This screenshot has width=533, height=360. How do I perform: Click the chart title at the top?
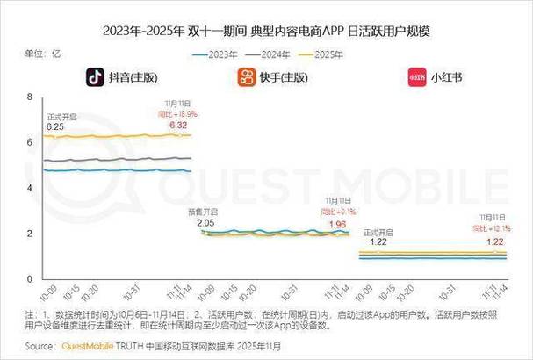pyautogui.click(x=266, y=32)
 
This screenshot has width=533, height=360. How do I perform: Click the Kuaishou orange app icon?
pyautogui.click(x=247, y=77)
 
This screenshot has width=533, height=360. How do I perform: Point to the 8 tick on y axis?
pyautogui.click(x=30, y=96)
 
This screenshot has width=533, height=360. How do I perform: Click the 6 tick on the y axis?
pyautogui.click(x=30, y=142)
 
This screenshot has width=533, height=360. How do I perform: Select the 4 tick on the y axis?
pyautogui.click(x=30, y=188)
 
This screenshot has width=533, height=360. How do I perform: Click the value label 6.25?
pyautogui.click(x=55, y=126)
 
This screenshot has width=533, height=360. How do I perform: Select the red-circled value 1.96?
pyautogui.click(x=337, y=224)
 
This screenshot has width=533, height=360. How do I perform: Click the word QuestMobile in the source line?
pyautogui.click(x=90, y=346)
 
